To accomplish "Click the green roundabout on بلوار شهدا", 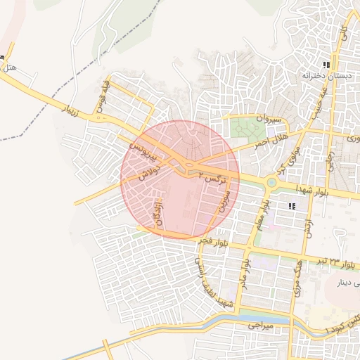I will pyautogui.click(x=271, y=183).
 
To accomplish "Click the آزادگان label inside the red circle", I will pyautogui.click(x=156, y=211).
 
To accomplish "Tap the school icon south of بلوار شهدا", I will pyautogui.click(x=291, y=206).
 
